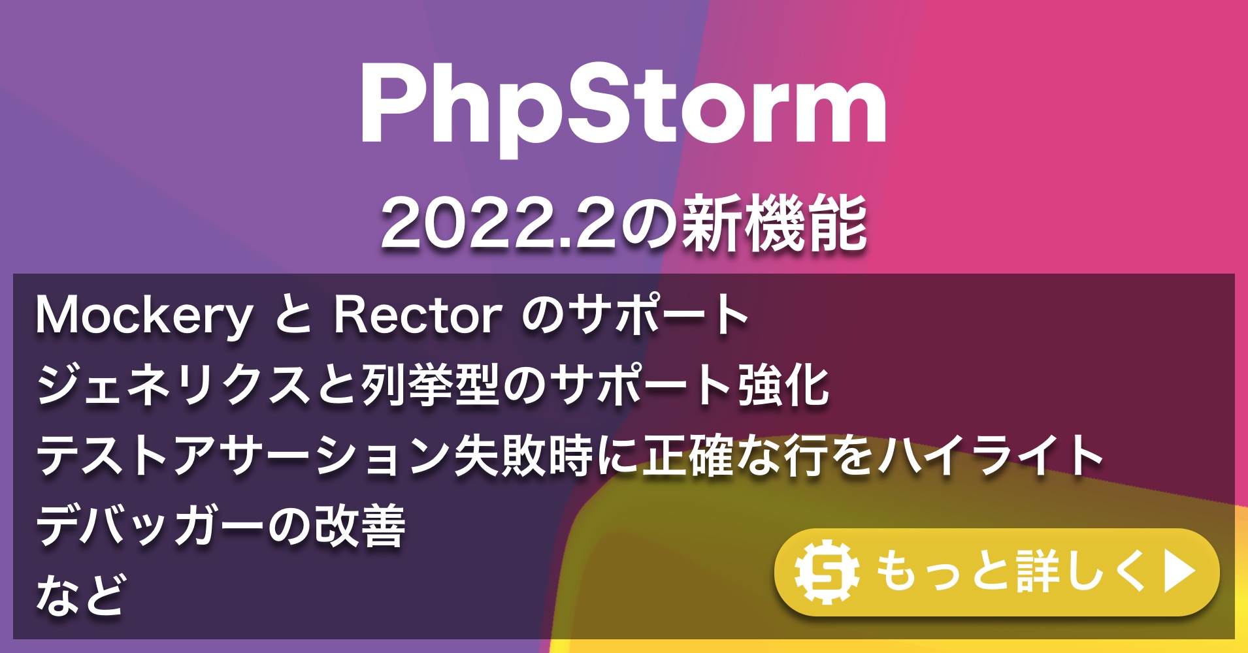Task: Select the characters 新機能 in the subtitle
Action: [x=774, y=224]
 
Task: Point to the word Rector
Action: [x=418, y=315]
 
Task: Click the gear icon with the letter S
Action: [x=827, y=572]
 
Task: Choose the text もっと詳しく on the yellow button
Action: [x=1010, y=572]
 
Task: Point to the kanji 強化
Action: [x=784, y=385]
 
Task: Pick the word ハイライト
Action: [x=990, y=456]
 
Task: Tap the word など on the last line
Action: [x=80, y=594]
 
